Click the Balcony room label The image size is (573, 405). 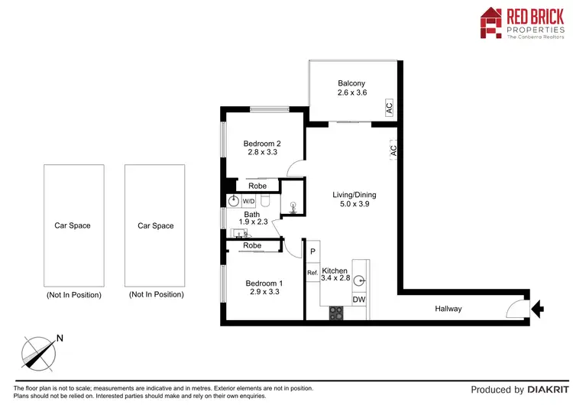(x=352, y=83)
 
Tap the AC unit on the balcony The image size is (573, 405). (x=389, y=109)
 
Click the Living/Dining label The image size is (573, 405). (x=354, y=195)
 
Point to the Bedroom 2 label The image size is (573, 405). (x=262, y=143)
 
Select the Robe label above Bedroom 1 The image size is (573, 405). (x=252, y=245)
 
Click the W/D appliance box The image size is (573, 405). (x=248, y=202)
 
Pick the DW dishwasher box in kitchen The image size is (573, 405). (x=358, y=300)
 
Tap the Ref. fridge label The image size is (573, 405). (x=312, y=273)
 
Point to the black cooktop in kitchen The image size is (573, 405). (x=336, y=312)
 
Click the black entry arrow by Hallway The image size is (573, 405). (x=537, y=309)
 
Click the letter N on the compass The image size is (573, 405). (x=60, y=339)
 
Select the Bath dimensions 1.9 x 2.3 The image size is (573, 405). (x=252, y=222)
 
